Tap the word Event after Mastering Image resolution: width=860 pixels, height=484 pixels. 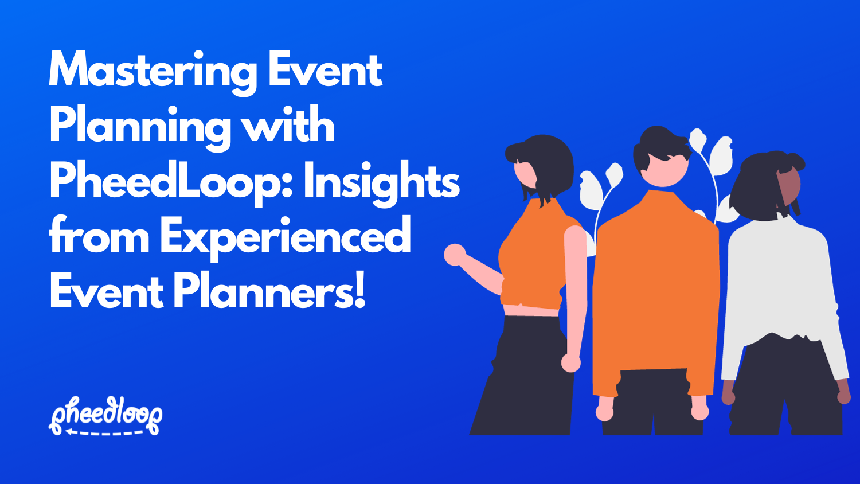325,70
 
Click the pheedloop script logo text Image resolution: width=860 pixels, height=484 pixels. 105,413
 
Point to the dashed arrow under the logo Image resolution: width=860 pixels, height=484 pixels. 103,432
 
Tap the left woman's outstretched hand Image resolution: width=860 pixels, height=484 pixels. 455,255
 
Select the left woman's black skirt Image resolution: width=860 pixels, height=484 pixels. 525,378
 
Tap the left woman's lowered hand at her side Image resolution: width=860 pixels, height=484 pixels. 571,362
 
